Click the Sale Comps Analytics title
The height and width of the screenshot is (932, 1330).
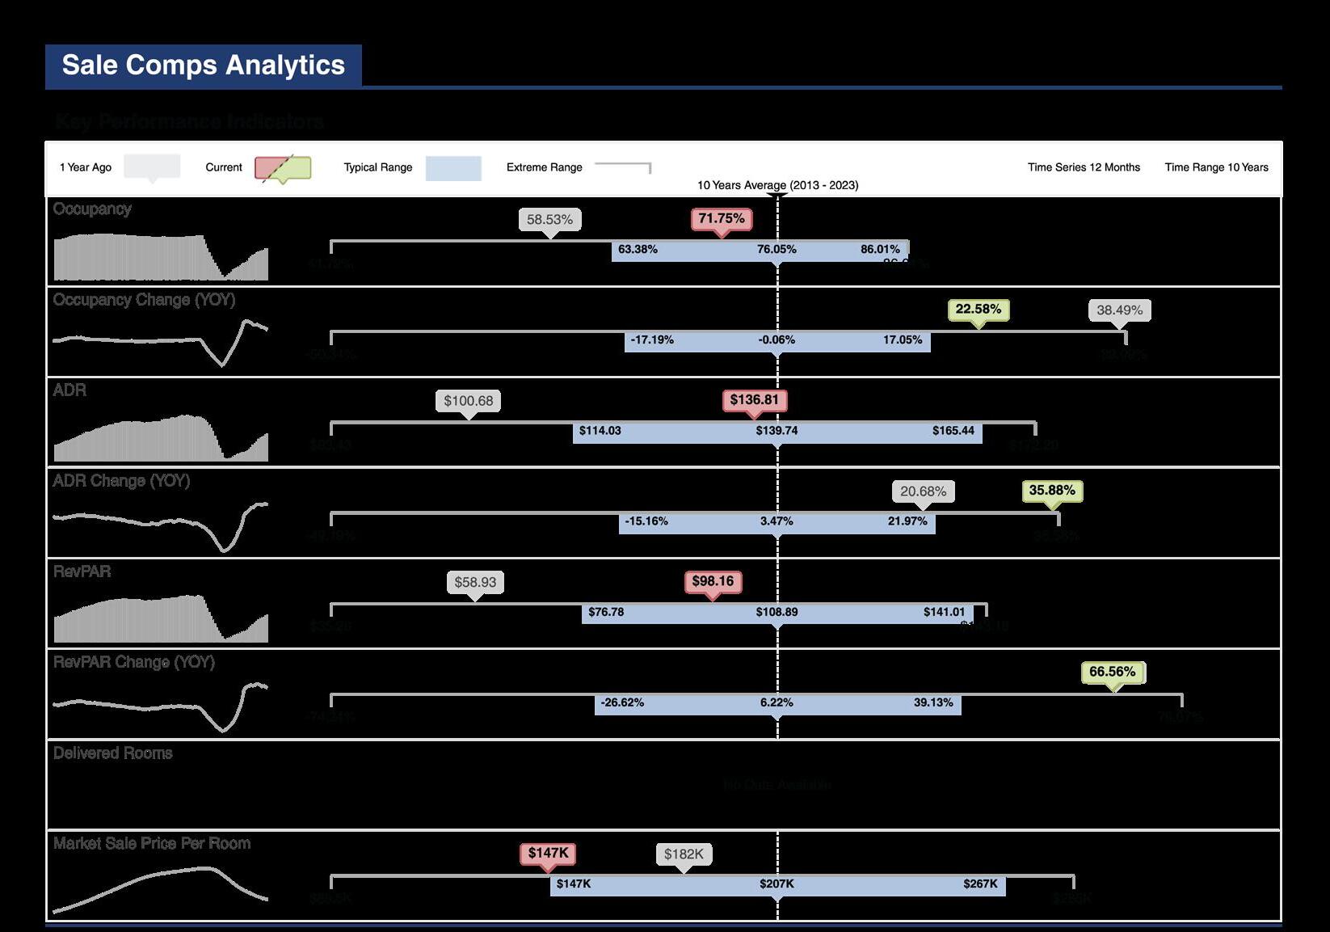coord(203,65)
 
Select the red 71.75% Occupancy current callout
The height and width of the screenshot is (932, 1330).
coord(722,219)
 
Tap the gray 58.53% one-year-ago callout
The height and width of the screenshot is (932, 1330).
coord(549,220)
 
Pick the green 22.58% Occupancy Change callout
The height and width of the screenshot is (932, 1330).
coord(978,310)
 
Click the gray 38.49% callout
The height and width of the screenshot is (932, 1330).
coord(1119,310)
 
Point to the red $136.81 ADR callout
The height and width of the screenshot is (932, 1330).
coord(754,400)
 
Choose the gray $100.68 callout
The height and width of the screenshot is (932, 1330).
coord(468,401)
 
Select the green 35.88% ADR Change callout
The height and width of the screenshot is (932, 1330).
coord(1052,491)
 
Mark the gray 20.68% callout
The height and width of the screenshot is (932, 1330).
coord(923,491)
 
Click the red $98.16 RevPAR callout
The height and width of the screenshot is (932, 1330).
coord(713,581)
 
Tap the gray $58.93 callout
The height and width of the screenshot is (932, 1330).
coord(475,582)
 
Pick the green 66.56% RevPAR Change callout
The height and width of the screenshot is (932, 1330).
coord(1112,672)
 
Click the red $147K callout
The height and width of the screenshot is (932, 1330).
coord(548,853)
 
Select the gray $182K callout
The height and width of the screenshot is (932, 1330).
coord(684,854)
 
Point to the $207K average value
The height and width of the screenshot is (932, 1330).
coord(777,884)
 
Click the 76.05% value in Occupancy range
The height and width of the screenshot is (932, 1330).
coord(777,250)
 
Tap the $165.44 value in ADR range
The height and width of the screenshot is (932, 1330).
coord(953,431)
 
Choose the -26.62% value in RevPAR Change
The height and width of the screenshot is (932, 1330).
coord(622,703)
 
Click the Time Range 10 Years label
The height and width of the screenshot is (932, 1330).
coord(1216,167)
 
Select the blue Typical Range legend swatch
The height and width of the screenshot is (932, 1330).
coord(453,168)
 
